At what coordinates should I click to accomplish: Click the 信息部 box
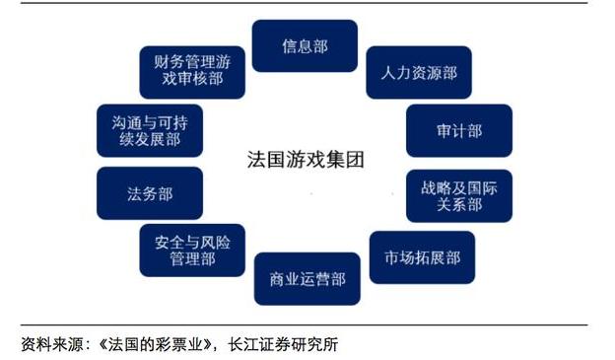[x=305, y=46]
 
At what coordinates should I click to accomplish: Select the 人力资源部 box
[x=418, y=73]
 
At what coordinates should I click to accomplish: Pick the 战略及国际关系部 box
[x=458, y=195]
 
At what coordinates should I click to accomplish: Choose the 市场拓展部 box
[x=422, y=257]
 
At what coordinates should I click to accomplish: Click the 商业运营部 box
[x=307, y=279]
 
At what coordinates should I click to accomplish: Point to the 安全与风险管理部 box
[x=192, y=250]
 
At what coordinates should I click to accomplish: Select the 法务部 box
[x=150, y=193]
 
